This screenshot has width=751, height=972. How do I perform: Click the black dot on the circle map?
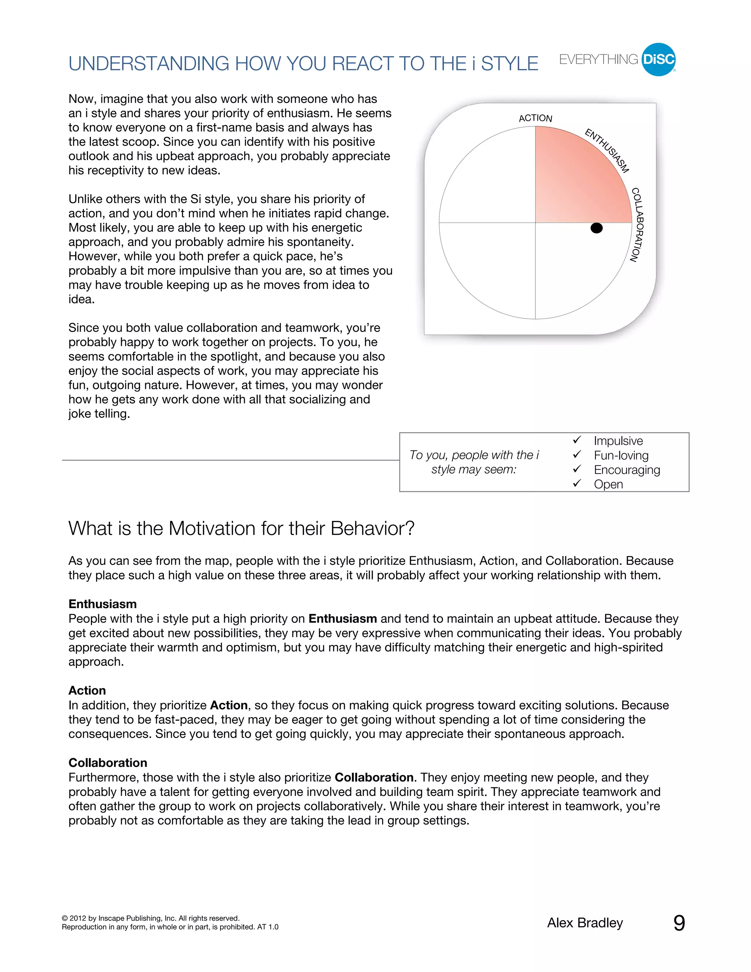tap(596, 228)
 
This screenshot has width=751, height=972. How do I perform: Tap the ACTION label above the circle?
tap(535, 118)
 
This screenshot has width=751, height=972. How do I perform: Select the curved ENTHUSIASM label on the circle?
tap(607, 150)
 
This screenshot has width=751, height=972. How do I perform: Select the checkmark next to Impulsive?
tap(577, 440)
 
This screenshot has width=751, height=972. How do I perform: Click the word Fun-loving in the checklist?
tap(621, 455)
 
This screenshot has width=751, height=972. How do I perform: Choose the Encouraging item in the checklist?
tap(626, 470)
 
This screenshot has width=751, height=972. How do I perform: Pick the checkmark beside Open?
tap(577, 483)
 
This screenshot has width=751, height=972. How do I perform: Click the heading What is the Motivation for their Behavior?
tap(241, 528)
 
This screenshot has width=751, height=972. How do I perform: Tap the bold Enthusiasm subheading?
tap(102, 604)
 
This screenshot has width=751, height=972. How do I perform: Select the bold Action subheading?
tap(87, 690)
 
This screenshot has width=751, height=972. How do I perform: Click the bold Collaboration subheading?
tap(108, 763)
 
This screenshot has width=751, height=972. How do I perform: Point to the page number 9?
tap(679, 923)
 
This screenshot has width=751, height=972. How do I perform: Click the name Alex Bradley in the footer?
tap(585, 923)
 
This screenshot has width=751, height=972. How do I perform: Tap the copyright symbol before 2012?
tap(65, 918)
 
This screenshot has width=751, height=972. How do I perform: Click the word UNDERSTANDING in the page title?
tap(149, 64)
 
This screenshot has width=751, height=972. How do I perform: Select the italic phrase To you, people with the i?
tap(474, 455)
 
